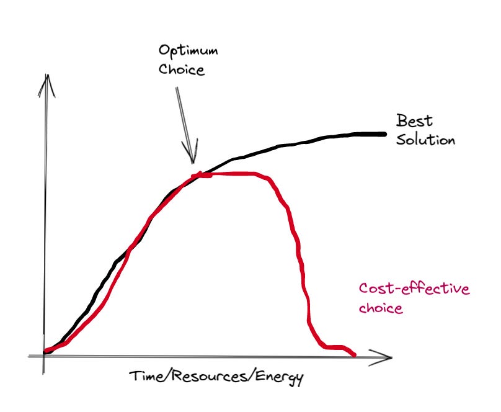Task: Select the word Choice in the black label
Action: tap(181, 69)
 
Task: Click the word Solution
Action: tap(426, 140)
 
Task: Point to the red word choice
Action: tap(381, 308)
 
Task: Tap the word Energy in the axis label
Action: tap(273, 377)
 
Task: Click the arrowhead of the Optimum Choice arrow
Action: tap(192, 160)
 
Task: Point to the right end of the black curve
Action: tap(384, 133)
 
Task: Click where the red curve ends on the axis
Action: tap(355, 355)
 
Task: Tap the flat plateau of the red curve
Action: tap(236, 174)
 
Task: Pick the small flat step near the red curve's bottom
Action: tap(335, 346)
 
